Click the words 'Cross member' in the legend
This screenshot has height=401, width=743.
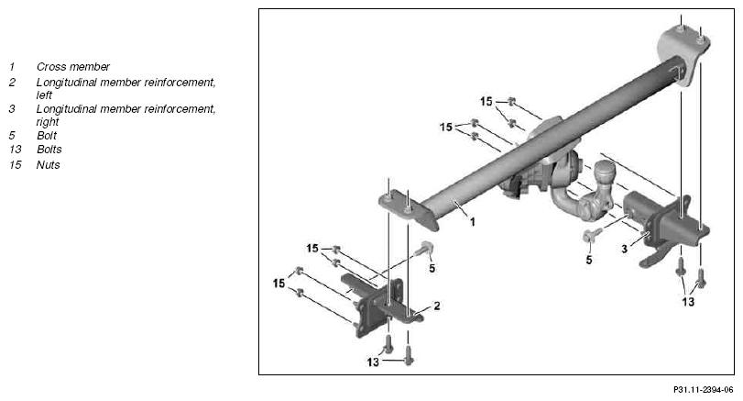pos(73,67)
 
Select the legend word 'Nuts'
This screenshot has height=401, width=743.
pos(49,164)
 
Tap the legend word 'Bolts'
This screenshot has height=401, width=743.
pos(49,149)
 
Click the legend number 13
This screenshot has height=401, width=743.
pos(16,149)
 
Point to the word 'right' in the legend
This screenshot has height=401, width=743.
pos(48,122)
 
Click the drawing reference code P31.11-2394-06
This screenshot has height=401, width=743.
pos(704,390)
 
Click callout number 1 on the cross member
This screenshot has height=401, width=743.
pos(472,222)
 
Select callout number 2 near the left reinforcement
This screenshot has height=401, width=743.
pos(436,306)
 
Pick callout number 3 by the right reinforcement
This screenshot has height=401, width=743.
pos(624,249)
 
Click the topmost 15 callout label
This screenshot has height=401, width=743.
pos(486,102)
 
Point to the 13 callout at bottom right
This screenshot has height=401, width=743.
pos(688,302)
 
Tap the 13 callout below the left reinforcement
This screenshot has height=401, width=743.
pos(373,362)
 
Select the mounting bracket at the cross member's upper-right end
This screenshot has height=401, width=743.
pos(683,53)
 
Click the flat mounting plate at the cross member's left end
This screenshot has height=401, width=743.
pos(408,209)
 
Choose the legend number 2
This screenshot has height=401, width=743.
pos(12,83)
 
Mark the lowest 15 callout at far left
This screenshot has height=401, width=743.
pos(279,284)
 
